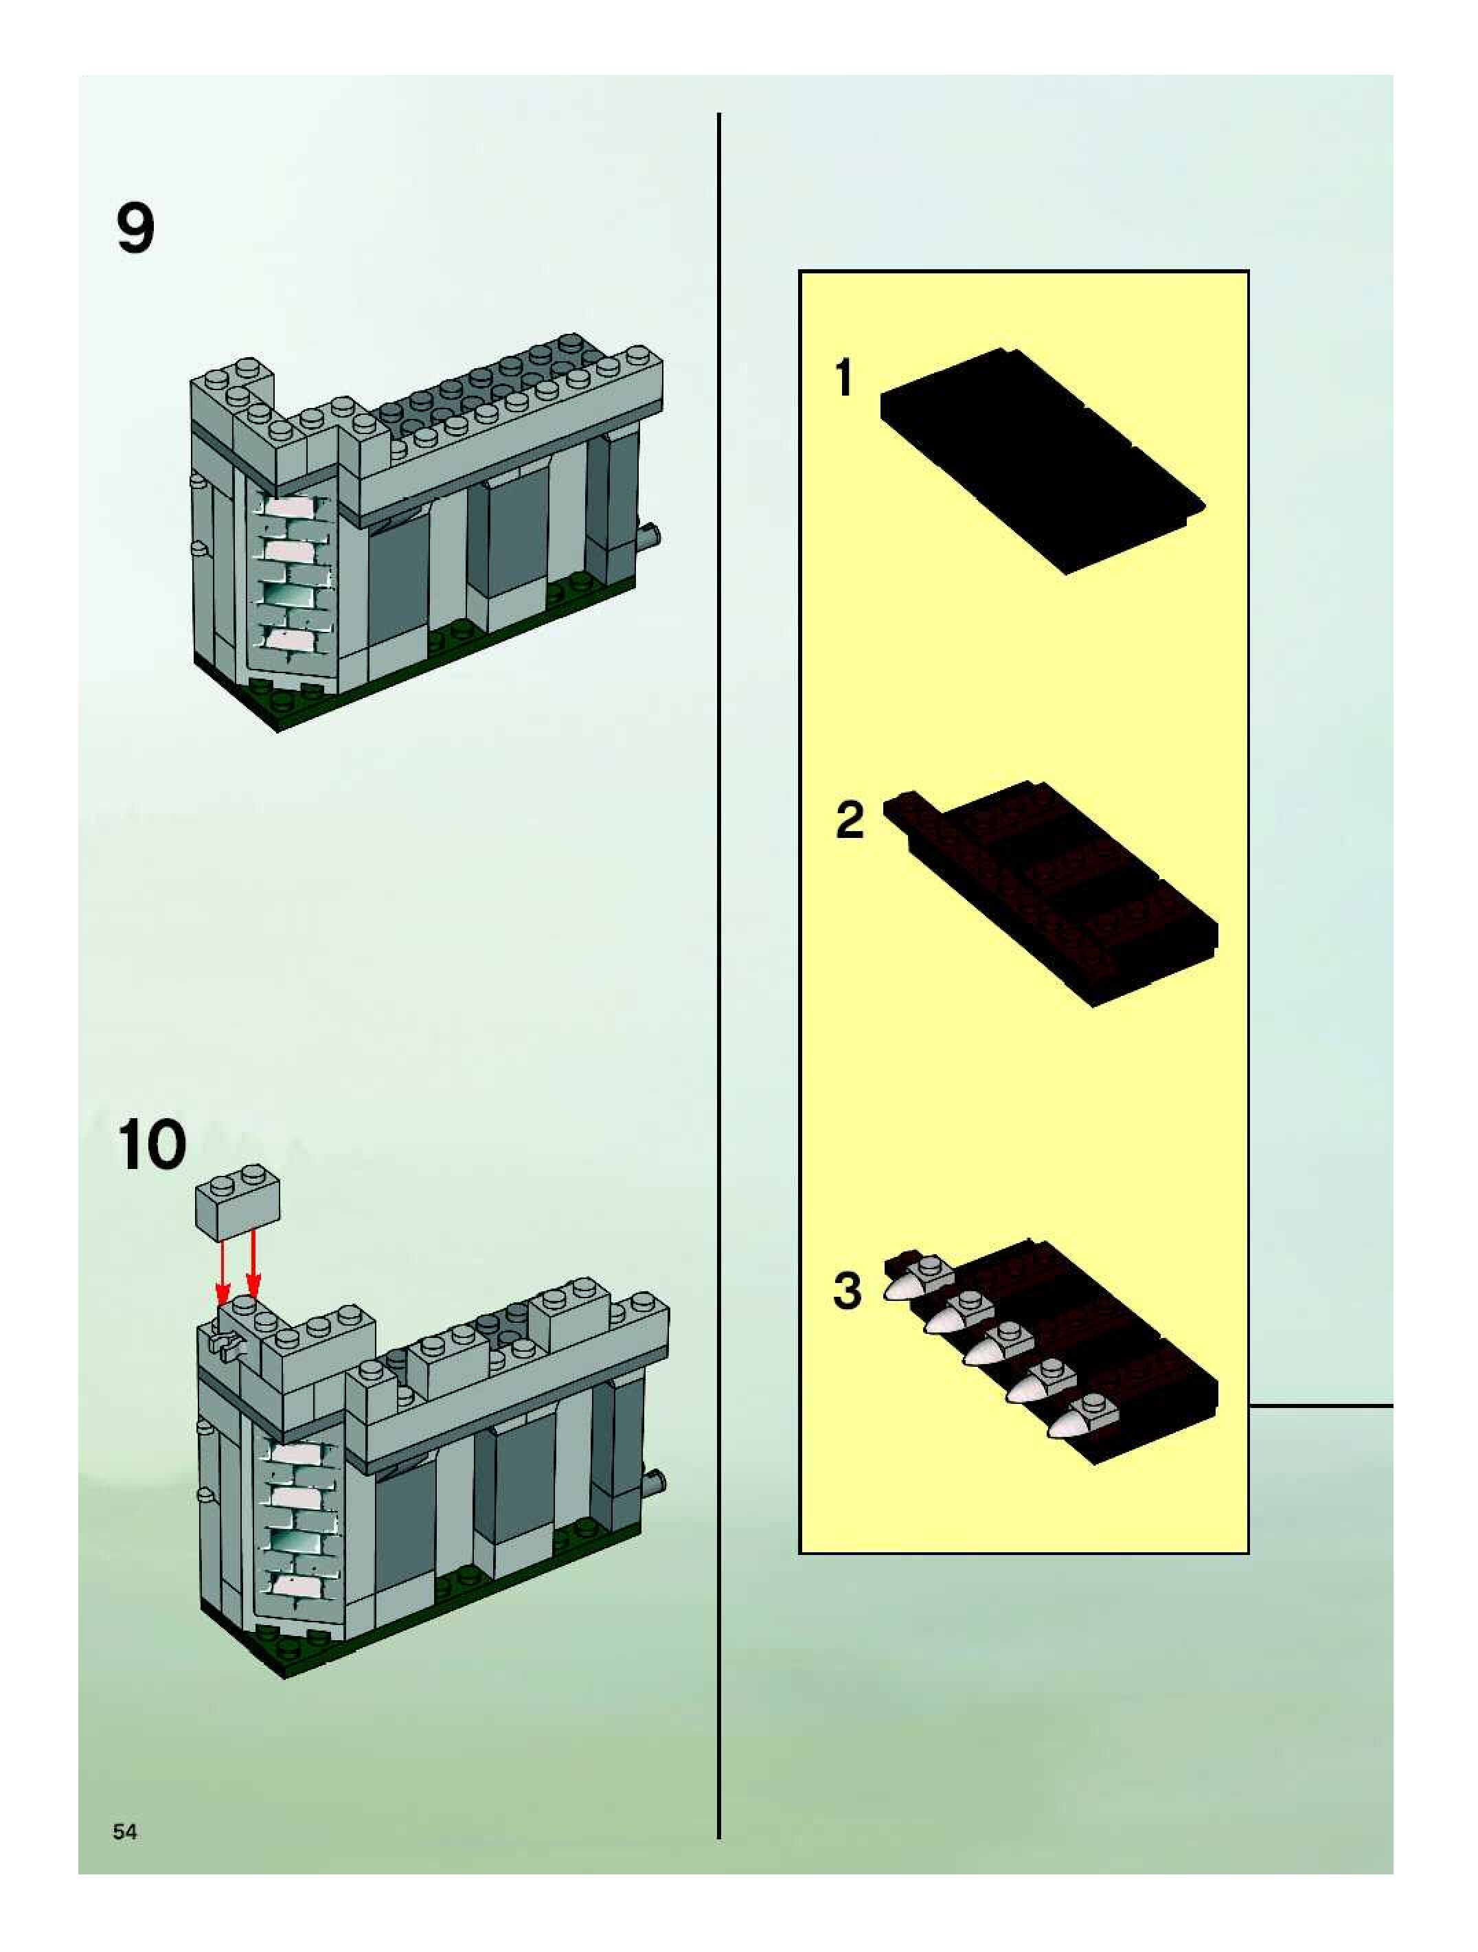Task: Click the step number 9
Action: [x=135, y=229]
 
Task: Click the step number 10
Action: [x=151, y=1146]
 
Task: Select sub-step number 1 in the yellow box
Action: [x=845, y=377]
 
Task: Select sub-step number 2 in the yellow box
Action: [x=850, y=820]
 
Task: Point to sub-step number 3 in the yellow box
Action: [x=847, y=1289]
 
